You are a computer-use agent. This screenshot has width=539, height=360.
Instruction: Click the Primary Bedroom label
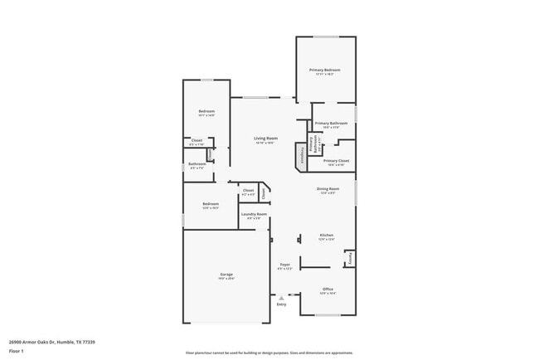[x=325, y=70]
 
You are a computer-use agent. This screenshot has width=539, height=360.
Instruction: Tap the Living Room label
[x=265, y=139]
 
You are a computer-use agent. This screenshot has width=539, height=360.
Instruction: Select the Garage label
[x=226, y=275]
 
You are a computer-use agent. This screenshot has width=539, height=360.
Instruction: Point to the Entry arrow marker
[x=281, y=296]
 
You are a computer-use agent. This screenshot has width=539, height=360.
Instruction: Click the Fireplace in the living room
[x=300, y=155]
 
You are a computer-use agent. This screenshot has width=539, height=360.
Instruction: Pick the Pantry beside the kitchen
[x=350, y=258]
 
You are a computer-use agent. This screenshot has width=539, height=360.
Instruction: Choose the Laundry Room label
[x=255, y=215]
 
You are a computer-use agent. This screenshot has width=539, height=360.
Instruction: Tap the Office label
[x=328, y=289]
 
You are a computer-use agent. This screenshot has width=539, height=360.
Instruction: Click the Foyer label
[x=284, y=265]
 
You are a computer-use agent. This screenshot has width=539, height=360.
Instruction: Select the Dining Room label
[x=328, y=189]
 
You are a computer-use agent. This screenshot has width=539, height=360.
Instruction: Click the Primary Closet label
[x=336, y=161]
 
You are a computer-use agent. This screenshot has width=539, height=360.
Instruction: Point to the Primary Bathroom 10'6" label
[x=332, y=124]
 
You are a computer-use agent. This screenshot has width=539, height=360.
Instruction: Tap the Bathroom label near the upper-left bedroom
[x=197, y=164]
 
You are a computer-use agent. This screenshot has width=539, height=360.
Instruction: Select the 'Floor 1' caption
[x=16, y=351]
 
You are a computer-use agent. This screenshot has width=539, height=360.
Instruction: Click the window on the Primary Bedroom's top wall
[x=326, y=36]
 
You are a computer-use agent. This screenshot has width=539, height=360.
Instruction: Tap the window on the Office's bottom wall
[x=328, y=315]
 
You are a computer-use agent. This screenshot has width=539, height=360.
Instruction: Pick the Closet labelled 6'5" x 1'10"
[x=197, y=140]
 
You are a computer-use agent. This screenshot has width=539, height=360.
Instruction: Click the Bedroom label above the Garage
[x=211, y=204]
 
